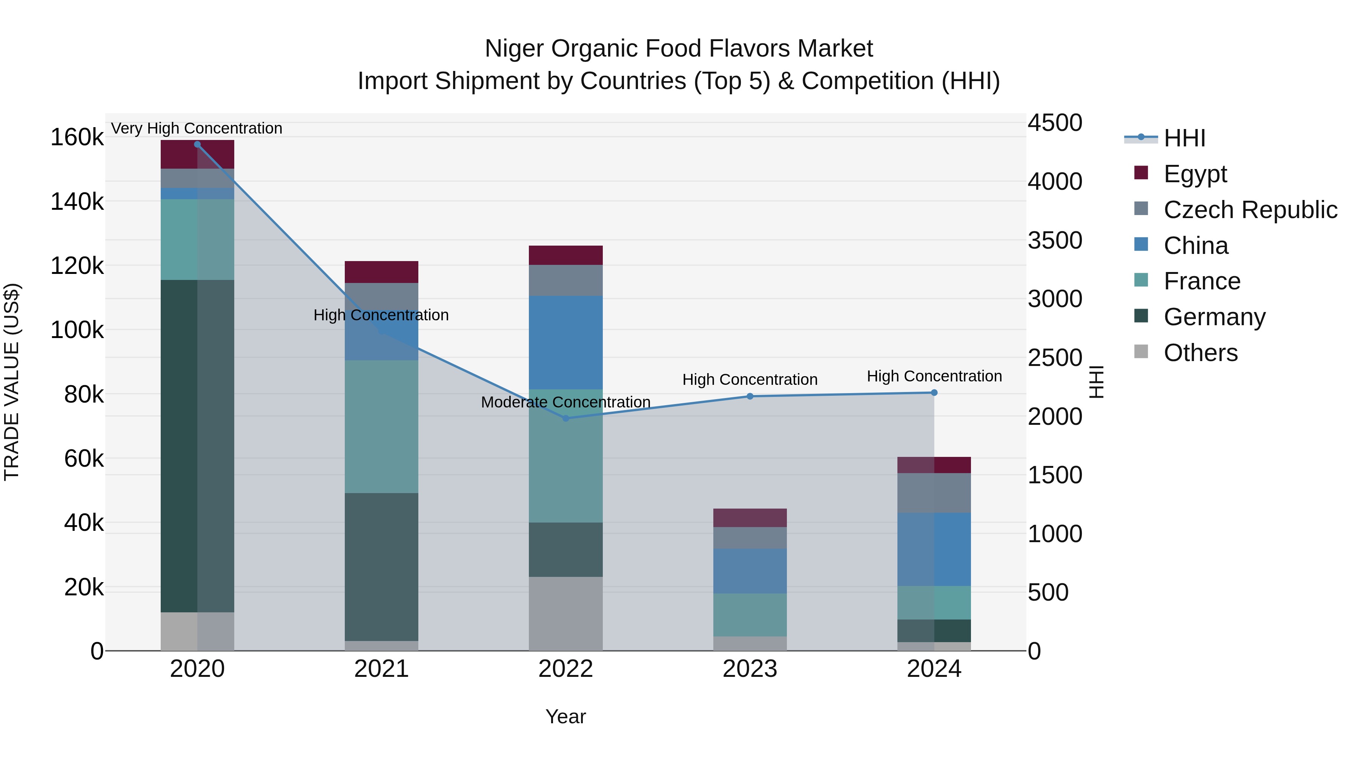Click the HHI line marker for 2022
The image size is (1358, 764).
(566, 418)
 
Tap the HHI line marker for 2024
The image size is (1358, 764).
(934, 393)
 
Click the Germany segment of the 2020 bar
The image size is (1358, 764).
(197, 446)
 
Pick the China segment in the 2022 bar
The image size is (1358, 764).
(566, 343)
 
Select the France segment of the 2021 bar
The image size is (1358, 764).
(381, 427)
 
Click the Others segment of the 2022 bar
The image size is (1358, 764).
(566, 614)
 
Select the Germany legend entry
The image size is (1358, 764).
(1214, 317)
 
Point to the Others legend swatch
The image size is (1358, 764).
(1141, 352)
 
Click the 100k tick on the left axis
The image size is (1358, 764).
(77, 331)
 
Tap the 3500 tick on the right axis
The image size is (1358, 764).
(1054, 240)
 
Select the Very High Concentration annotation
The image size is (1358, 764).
(197, 129)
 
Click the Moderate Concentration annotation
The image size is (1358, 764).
(566, 402)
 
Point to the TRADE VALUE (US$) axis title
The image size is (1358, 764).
(12, 382)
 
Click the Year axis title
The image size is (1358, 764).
(566, 716)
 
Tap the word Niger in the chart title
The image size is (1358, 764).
(514, 49)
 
